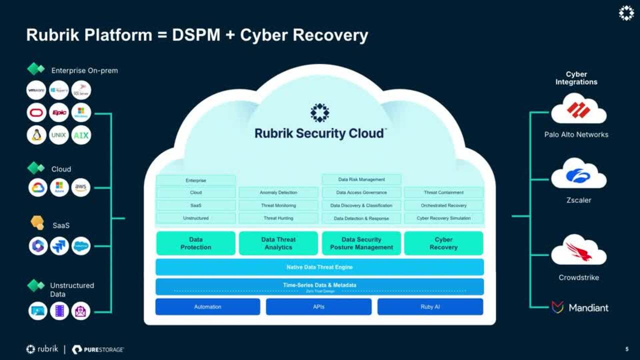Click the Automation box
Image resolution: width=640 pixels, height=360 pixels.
point(207,307)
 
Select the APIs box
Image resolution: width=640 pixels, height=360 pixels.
point(318,307)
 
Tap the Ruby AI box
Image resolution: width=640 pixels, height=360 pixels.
point(430,307)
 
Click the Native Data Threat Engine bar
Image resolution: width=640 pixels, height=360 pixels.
point(319,267)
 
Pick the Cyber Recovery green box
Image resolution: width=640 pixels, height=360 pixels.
point(443,243)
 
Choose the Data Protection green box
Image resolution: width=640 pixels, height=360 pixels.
point(196,243)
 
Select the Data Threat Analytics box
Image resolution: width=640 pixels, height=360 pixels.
point(278,243)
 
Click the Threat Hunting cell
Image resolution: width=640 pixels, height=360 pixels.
point(278,218)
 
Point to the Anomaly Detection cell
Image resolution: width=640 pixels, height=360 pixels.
point(278,192)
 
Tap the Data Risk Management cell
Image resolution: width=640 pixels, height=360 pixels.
point(361,179)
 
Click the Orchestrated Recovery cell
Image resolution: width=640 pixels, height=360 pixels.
point(443,205)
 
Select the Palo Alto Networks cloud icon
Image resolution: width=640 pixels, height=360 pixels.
point(578,110)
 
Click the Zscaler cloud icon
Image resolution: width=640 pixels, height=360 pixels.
point(578,175)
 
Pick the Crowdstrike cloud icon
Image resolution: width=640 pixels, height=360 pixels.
point(578,251)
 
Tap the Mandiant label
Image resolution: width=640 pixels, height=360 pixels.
point(588,308)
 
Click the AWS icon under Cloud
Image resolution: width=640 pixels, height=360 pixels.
point(81,187)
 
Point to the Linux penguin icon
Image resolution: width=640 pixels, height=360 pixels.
point(36,135)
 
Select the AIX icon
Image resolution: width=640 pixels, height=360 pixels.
point(81,135)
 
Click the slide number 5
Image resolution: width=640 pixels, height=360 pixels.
point(627,349)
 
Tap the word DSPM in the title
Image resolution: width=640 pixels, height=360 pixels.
point(198,35)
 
